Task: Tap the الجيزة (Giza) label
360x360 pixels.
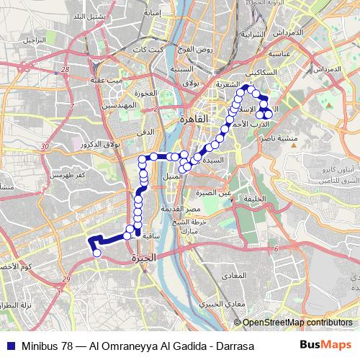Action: pos(143,258)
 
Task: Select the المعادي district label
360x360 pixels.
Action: pos(251,276)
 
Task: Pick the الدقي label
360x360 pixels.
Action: pos(145,132)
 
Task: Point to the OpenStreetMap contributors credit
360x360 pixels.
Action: pos(297,323)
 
